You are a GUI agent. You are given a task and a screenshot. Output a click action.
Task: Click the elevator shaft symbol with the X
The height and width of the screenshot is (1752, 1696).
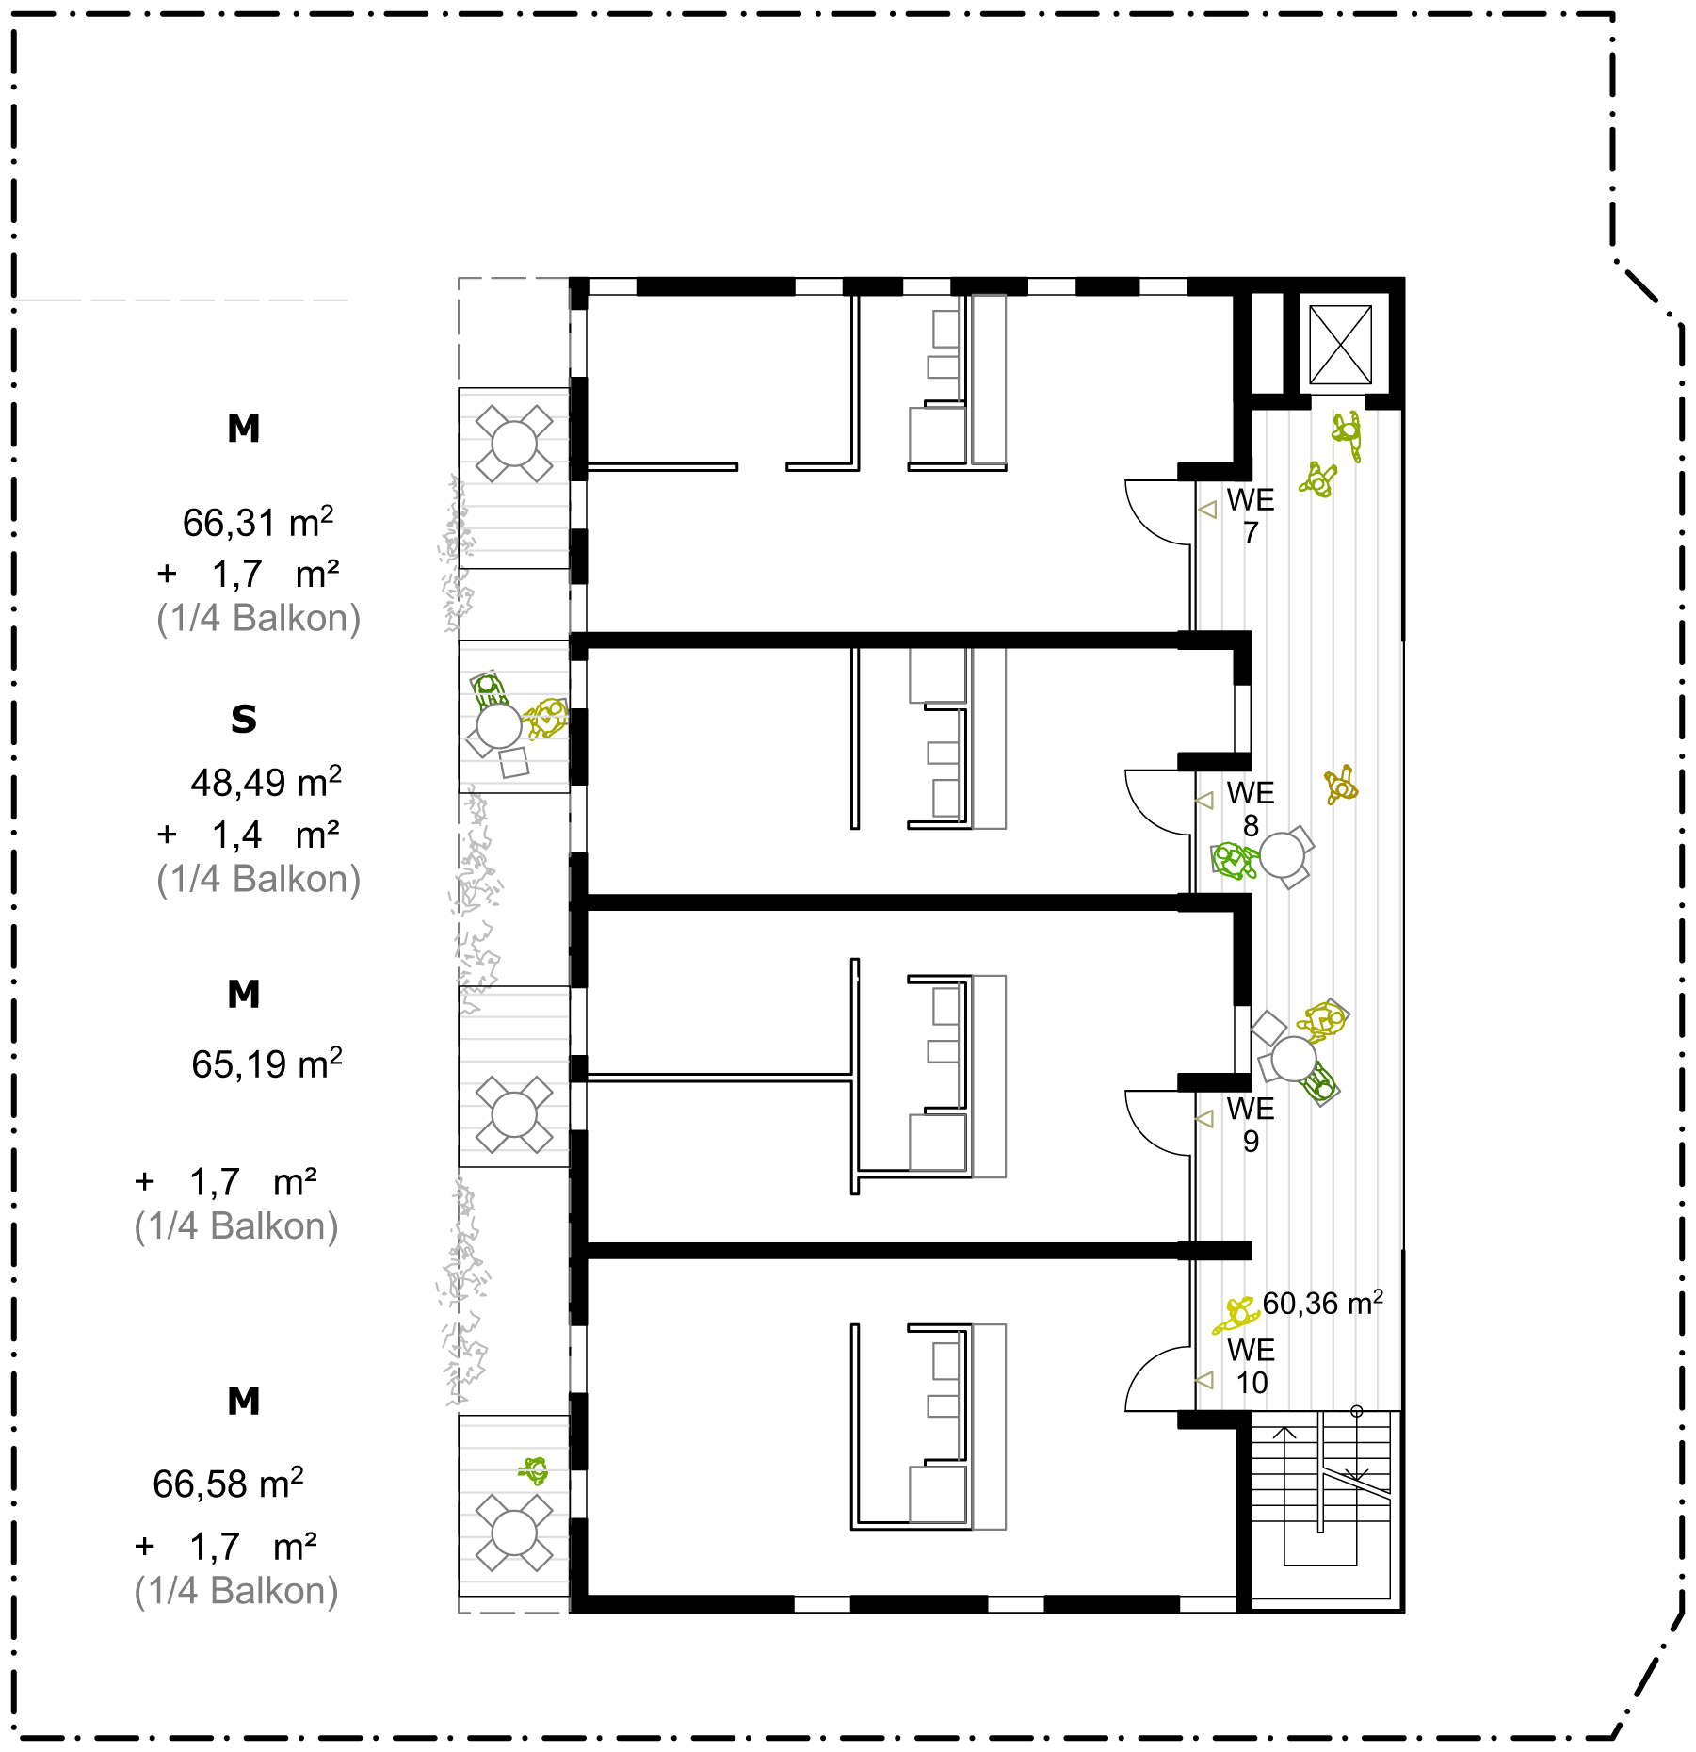(1340, 344)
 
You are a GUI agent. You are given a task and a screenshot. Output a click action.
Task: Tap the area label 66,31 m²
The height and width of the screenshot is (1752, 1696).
(258, 522)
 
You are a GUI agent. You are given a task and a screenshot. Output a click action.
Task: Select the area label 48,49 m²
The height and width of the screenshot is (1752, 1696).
(267, 782)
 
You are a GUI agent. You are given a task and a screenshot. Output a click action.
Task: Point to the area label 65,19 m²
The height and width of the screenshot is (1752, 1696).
(267, 1063)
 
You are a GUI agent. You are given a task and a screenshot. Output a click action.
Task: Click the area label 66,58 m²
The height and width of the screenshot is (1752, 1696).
(229, 1484)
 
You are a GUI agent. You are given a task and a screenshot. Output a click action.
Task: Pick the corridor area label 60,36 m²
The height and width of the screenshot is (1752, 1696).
(1323, 1303)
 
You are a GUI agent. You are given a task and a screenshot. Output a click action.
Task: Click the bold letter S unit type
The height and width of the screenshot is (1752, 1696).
(244, 719)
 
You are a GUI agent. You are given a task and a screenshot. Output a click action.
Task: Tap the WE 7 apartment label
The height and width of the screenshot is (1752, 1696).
(1251, 515)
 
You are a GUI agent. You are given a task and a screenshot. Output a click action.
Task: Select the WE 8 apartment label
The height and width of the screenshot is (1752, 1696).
(1251, 809)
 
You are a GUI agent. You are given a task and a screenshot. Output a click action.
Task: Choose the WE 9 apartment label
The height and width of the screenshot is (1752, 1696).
(1251, 1125)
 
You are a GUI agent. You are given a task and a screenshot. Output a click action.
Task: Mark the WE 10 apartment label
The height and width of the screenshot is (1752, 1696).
(1252, 1366)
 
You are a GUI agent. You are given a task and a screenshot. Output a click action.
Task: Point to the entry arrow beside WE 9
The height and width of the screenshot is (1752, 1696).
(1204, 1118)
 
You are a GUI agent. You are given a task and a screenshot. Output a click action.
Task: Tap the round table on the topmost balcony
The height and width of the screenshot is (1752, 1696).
(514, 444)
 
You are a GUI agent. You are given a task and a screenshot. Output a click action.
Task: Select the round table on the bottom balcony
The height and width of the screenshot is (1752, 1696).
(514, 1533)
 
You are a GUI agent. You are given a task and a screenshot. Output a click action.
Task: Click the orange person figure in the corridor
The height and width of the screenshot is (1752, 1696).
(1341, 785)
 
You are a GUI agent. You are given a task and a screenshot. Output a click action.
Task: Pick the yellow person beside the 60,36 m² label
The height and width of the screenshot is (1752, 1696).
(1236, 1314)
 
